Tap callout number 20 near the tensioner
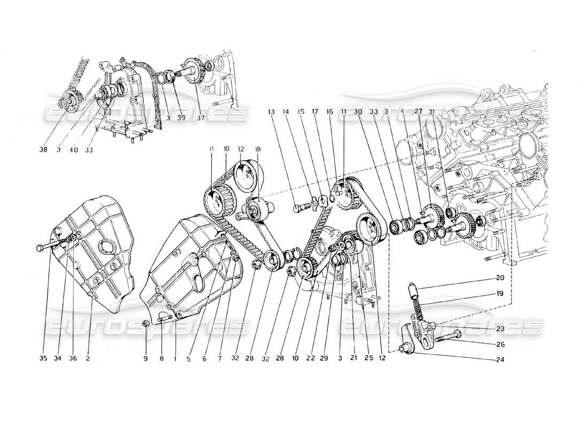[500, 278]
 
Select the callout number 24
[500, 359]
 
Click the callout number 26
[500, 344]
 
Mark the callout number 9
[145, 358]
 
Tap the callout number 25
[364, 358]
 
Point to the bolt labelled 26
[448, 336]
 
